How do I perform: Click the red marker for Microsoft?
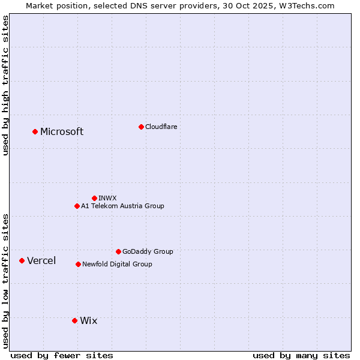[x=35, y=131]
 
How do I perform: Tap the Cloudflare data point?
[x=141, y=127]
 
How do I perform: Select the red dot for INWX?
[x=94, y=198]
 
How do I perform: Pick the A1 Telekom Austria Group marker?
[x=77, y=206]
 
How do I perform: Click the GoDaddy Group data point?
[x=118, y=251]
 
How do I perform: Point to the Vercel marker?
[x=22, y=260]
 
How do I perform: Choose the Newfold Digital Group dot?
[x=78, y=264]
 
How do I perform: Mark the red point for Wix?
[x=74, y=320]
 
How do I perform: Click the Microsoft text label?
[x=62, y=132]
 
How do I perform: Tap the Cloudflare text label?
[x=161, y=127]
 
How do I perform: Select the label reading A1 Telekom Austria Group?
[x=122, y=206]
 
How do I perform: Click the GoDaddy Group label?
[x=148, y=251]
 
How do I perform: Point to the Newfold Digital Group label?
[x=117, y=264]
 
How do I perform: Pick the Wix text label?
[x=88, y=321]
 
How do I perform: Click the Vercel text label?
[x=41, y=260]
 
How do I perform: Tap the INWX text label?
[x=107, y=198]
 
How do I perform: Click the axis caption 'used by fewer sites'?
[x=62, y=355]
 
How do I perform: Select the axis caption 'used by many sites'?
[x=301, y=355]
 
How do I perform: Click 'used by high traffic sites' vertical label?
[x=5, y=85]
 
